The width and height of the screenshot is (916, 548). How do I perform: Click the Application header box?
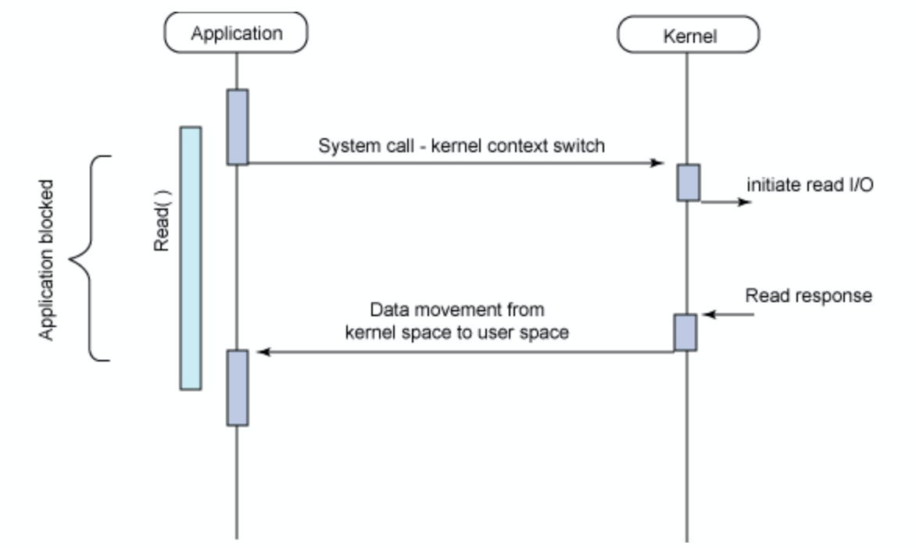point(236,34)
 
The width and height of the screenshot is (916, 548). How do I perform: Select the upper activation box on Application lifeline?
point(238,126)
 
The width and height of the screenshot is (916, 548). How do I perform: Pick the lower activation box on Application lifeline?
point(238,387)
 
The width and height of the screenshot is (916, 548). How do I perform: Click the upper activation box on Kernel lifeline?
point(688,182)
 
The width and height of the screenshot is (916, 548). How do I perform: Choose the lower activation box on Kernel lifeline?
point(685,333)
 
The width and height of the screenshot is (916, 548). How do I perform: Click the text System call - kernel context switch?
point(461,145)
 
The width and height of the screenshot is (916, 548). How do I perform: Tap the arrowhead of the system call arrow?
point(658,163)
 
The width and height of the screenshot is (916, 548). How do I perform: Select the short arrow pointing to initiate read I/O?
point(727,201)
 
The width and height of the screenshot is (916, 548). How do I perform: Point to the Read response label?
point(808,297)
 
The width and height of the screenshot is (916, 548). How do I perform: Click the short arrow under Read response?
point(728,315)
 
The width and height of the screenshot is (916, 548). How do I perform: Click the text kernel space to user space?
point(456,331)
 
